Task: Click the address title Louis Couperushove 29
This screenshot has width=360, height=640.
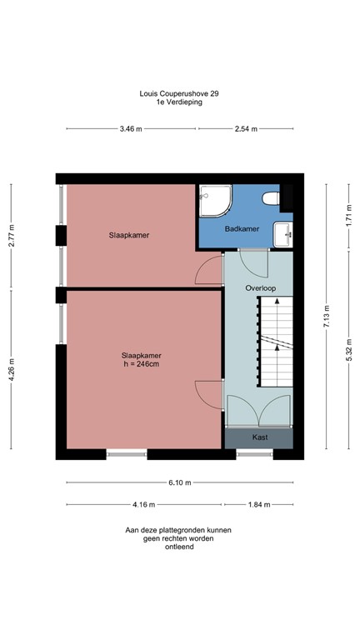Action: (179, 94)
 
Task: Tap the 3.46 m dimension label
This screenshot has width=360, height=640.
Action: (131, 129)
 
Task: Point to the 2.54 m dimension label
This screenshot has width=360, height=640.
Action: (246, 129)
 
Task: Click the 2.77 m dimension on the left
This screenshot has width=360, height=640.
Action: (12, 236)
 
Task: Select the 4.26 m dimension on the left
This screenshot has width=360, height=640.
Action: (12, 368)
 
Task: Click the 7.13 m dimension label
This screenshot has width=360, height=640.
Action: (327, 317)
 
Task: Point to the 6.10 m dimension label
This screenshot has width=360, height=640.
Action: (179, 482)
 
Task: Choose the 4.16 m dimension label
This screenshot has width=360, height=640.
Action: (143, 504)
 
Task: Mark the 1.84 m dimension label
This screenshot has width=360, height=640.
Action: (259, 504)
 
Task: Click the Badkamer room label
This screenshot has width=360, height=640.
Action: (242, 227)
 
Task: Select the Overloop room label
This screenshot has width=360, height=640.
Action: (259, 287)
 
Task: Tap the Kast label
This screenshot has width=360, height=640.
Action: (259, 437)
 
